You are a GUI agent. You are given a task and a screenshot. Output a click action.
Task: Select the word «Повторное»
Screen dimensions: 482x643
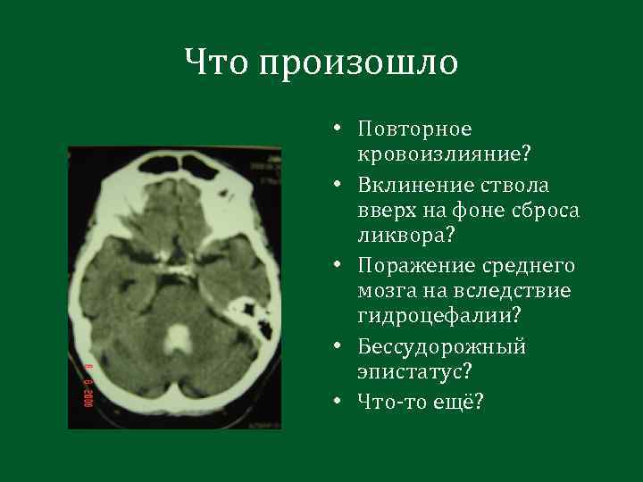click(413, 130)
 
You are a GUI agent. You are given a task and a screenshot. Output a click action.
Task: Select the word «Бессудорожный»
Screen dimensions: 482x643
click(441, 346)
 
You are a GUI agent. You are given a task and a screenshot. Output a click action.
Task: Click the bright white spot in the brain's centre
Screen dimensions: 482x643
click(180, 337)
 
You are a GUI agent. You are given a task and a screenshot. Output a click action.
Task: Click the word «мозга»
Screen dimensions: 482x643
click(385, 292)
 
